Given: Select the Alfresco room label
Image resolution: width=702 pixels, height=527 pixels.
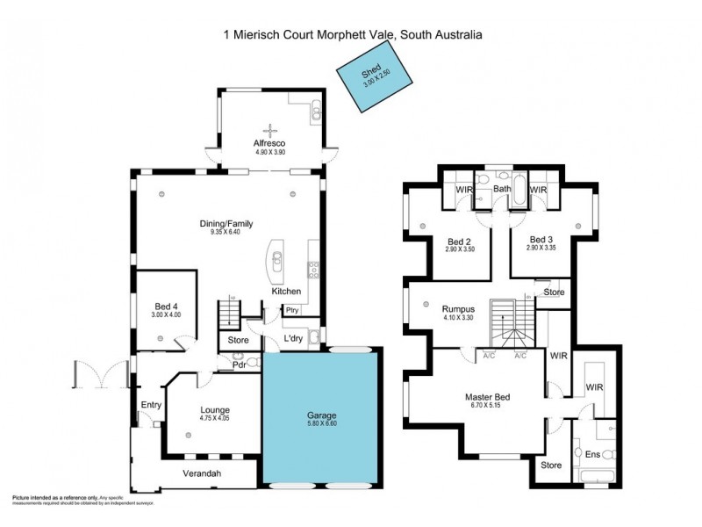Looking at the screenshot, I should point(270,143).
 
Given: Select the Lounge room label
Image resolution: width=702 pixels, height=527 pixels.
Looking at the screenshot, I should point(215,409).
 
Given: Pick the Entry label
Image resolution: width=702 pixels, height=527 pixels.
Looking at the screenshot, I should point(151,405).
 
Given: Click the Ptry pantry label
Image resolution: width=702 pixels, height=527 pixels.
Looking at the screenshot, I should point(290,309).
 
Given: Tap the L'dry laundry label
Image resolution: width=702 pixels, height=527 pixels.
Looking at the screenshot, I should point(293,340).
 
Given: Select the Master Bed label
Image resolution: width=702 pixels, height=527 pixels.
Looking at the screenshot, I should point(488,397).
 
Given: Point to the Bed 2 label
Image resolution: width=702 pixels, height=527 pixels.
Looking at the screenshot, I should point(460,241).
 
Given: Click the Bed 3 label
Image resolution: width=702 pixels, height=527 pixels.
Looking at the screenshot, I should point(542,239).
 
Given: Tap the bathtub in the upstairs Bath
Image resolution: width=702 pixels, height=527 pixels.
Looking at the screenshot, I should point(519,193).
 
